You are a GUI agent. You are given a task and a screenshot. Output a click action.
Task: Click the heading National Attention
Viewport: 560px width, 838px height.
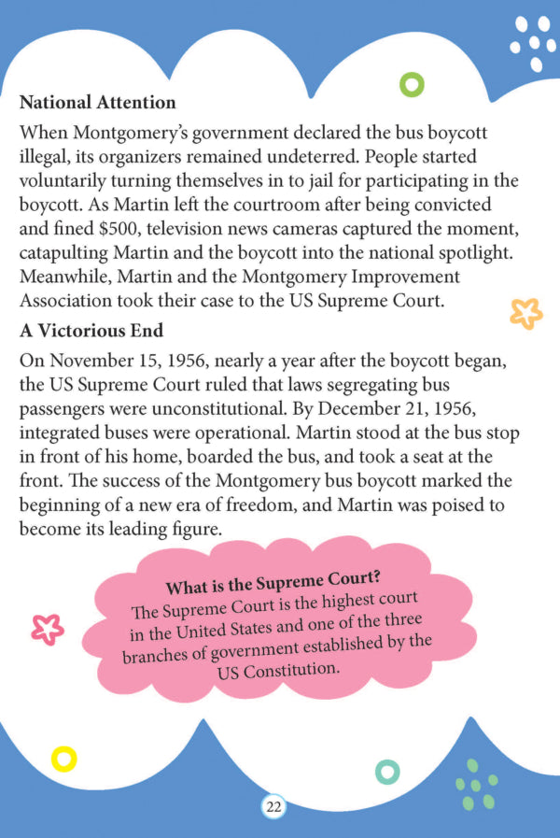tap(97, 101)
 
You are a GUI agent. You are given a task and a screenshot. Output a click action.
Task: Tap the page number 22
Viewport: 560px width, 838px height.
tap(274, 807)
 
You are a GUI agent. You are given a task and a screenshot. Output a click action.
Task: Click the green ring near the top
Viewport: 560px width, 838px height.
tap(412, 85)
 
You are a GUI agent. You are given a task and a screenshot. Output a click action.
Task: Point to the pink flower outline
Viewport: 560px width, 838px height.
tap(47, 630)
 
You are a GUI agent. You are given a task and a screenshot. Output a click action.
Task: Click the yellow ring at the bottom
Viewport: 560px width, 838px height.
tap(63, 759)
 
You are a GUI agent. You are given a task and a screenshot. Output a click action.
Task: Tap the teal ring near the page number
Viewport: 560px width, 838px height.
tap(386, 772)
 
